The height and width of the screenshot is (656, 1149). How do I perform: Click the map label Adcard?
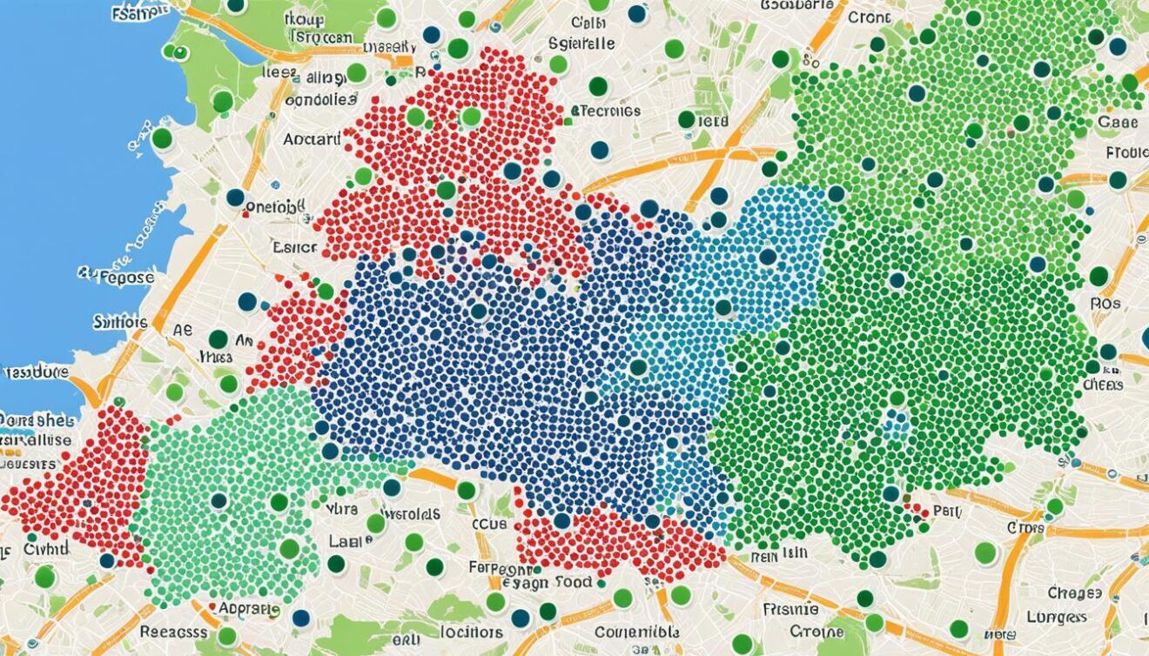pyautogui.click(x=312, y=138)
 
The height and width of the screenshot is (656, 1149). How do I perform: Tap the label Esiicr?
pyautogui.click(x=294, y=247)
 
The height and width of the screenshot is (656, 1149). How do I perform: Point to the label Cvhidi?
pyautogui.click(x=46, y=549)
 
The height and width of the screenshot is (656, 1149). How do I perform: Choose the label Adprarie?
pyautogui.click(x=249, y=608)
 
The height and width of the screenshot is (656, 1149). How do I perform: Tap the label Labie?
pyautogui.click(x=350, y=540)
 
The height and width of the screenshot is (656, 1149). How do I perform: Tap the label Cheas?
pyautogui.click(x=1103, y=384)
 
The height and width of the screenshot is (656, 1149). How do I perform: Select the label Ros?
pyautogui.click(x=1105, y=305)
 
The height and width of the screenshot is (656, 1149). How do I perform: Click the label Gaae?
pyautogui.click(x=1118, y=123)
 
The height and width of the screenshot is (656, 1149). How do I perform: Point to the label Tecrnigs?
pyautogui.click(x=608, y=110)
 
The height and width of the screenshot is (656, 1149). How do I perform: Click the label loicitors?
pyautogui.click(x=471, y=633)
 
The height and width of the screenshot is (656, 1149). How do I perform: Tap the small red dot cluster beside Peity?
pyautogui.click(x=914, y=509)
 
